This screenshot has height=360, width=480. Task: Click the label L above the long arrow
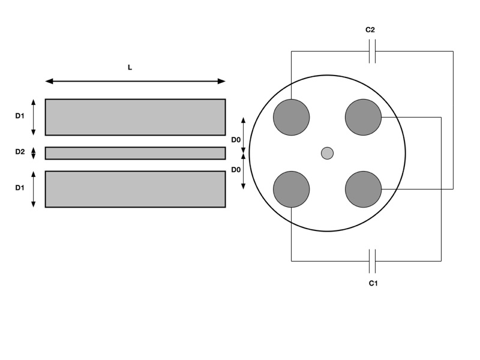tap(130, 67)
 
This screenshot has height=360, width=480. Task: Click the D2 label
tap(20, 152)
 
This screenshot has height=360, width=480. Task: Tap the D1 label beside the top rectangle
tap(20, 116)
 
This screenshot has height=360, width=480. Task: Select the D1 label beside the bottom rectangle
tap(20, 188)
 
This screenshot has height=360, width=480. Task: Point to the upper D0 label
tap(236, 140)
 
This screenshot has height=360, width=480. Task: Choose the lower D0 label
tap(236, 170)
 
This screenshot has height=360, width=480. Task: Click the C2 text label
tap(370, 29)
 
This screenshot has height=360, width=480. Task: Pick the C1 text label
tap(373, 283)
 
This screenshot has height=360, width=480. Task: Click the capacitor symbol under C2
tap(372, 51)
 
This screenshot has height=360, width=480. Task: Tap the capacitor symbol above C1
tap(372, 261)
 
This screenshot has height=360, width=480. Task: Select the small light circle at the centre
tap(327, 154)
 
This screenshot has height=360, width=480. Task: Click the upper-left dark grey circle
tap(292, 117)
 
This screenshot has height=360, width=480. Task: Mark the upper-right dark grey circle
tap(364, 117)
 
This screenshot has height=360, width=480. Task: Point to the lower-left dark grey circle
tap(292, 189)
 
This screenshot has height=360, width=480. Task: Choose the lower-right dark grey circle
tap(364, 189)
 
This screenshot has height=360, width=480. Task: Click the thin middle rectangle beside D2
tap(136, 153)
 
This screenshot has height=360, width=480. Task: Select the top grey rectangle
tap(136, 117)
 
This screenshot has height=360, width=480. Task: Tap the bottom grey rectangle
tap(136, 189)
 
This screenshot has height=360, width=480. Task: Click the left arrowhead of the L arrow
tap(49, 81)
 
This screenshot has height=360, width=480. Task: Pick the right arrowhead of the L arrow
tap(221, 81)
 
